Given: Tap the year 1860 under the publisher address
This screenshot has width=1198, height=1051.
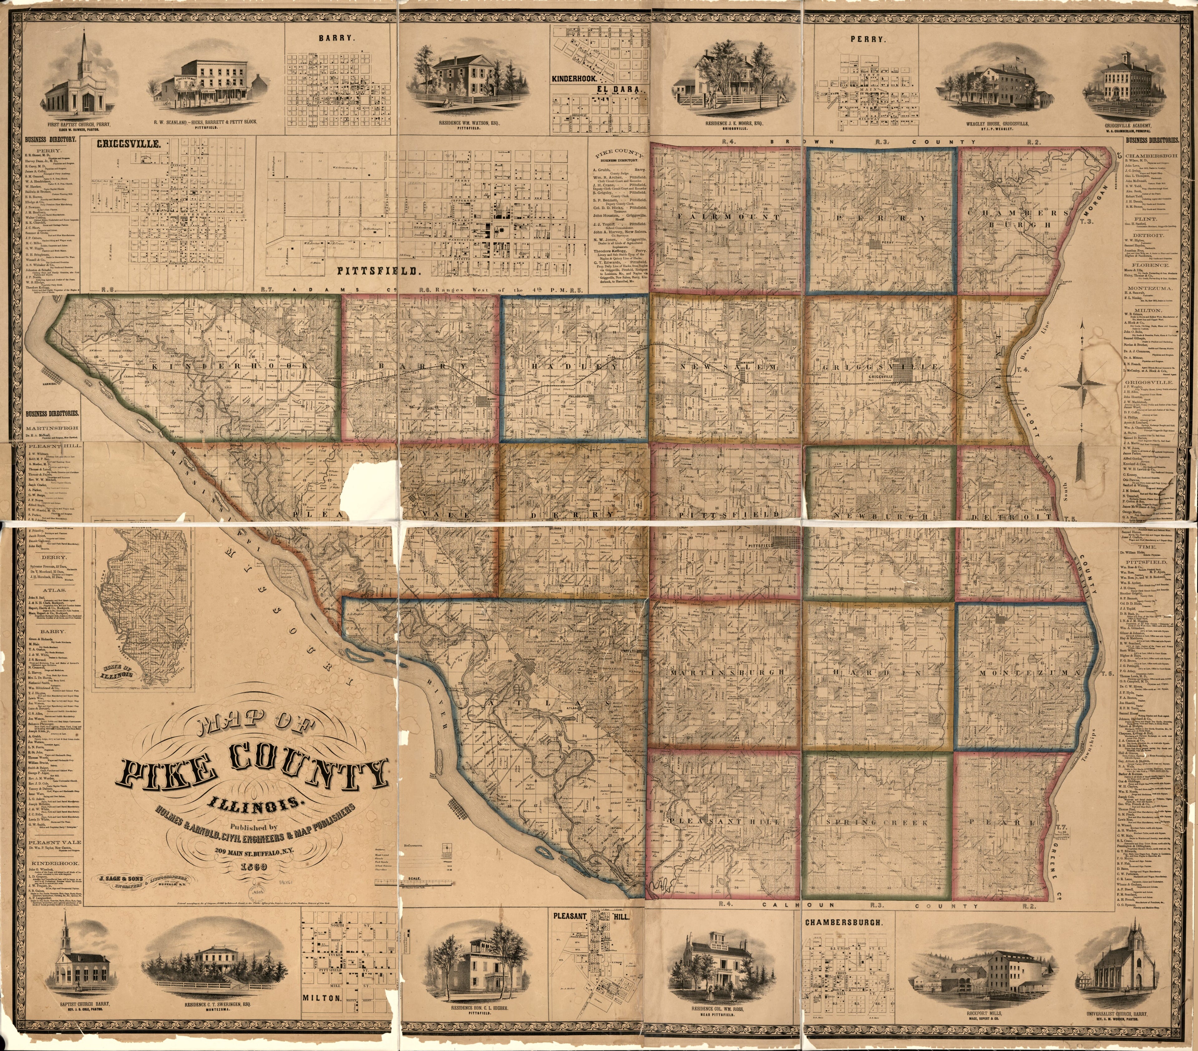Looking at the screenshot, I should pos(249,866).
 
